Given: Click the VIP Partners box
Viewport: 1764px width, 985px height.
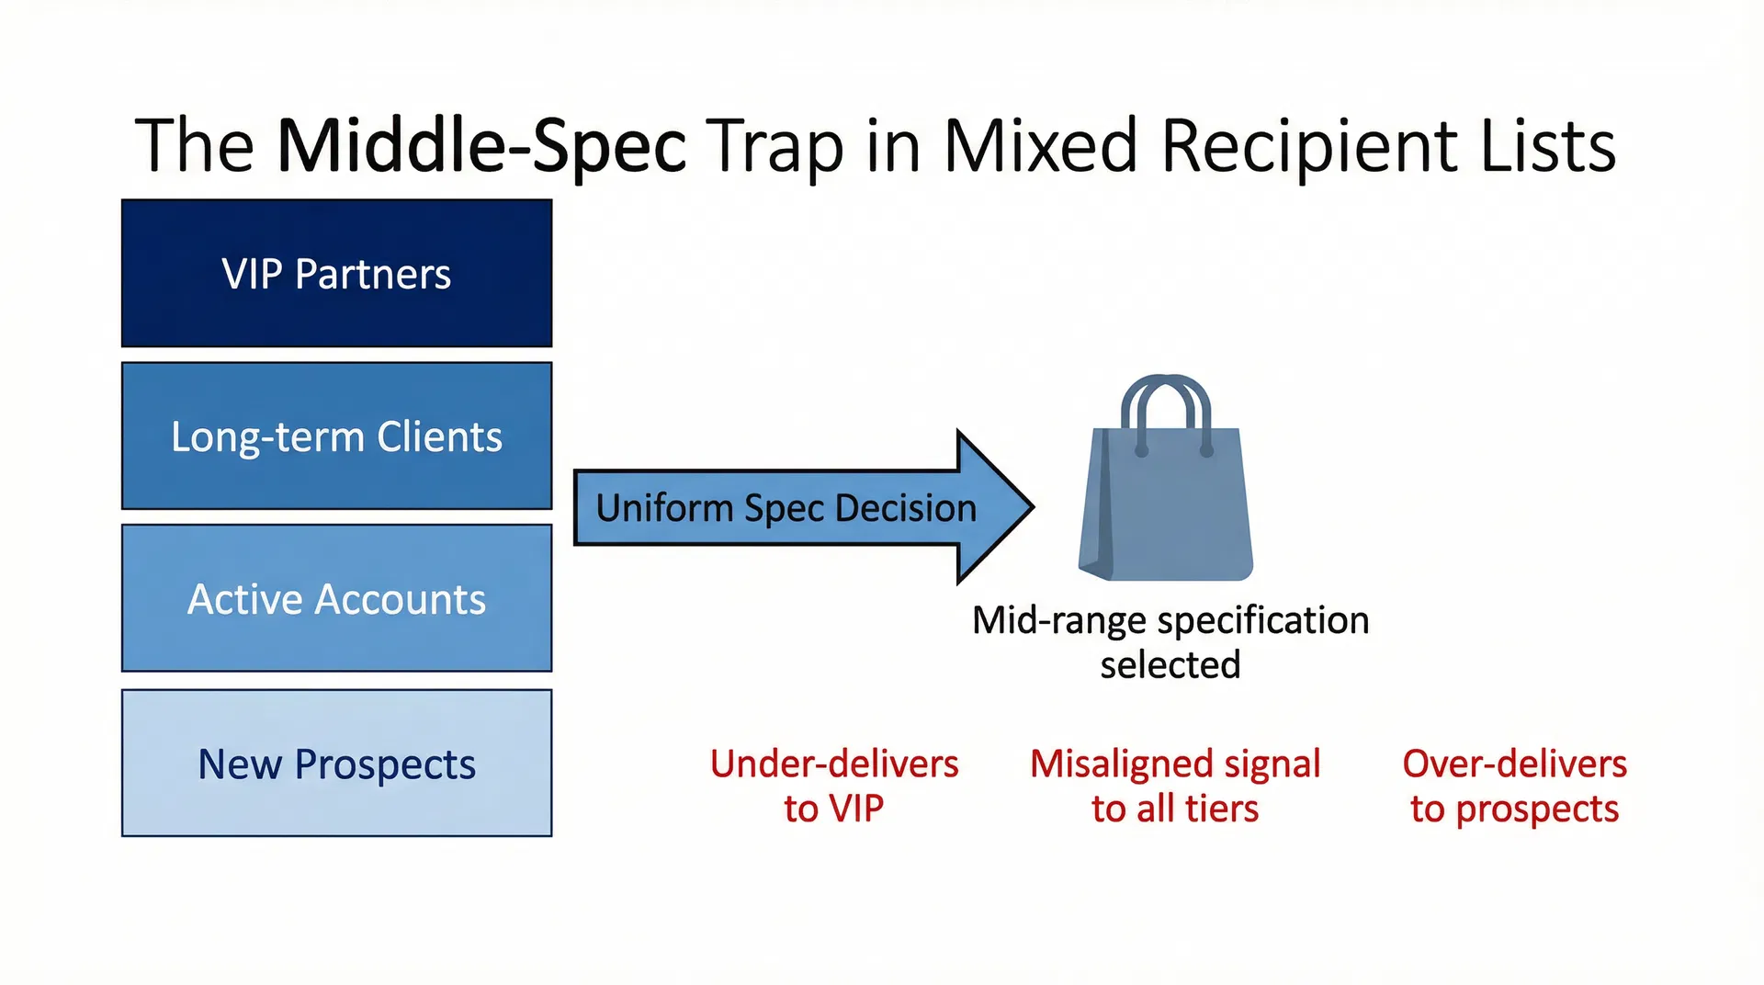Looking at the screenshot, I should point(336,274).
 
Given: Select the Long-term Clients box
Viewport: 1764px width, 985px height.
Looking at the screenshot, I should point(336,436).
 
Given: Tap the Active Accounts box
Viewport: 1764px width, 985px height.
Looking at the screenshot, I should point(336,599).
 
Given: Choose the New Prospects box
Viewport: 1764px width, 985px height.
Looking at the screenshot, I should point(336,764).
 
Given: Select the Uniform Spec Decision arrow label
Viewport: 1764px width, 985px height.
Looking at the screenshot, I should point(786,508).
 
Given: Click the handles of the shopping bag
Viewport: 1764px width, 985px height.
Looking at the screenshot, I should point(1167,404).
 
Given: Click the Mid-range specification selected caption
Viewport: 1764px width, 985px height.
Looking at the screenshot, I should point(1170,641).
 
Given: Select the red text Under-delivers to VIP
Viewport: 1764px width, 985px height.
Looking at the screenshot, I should point(833,786).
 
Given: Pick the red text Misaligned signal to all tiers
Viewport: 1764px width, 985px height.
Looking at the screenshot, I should point(1175,786).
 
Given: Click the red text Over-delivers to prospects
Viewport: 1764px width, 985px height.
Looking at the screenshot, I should point(1514,786).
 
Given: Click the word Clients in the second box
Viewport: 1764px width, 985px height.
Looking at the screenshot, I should point(439,436).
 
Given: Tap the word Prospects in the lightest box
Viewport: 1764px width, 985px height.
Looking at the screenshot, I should point(385,765).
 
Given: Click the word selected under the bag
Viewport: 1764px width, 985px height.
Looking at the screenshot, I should point(1170,664).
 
